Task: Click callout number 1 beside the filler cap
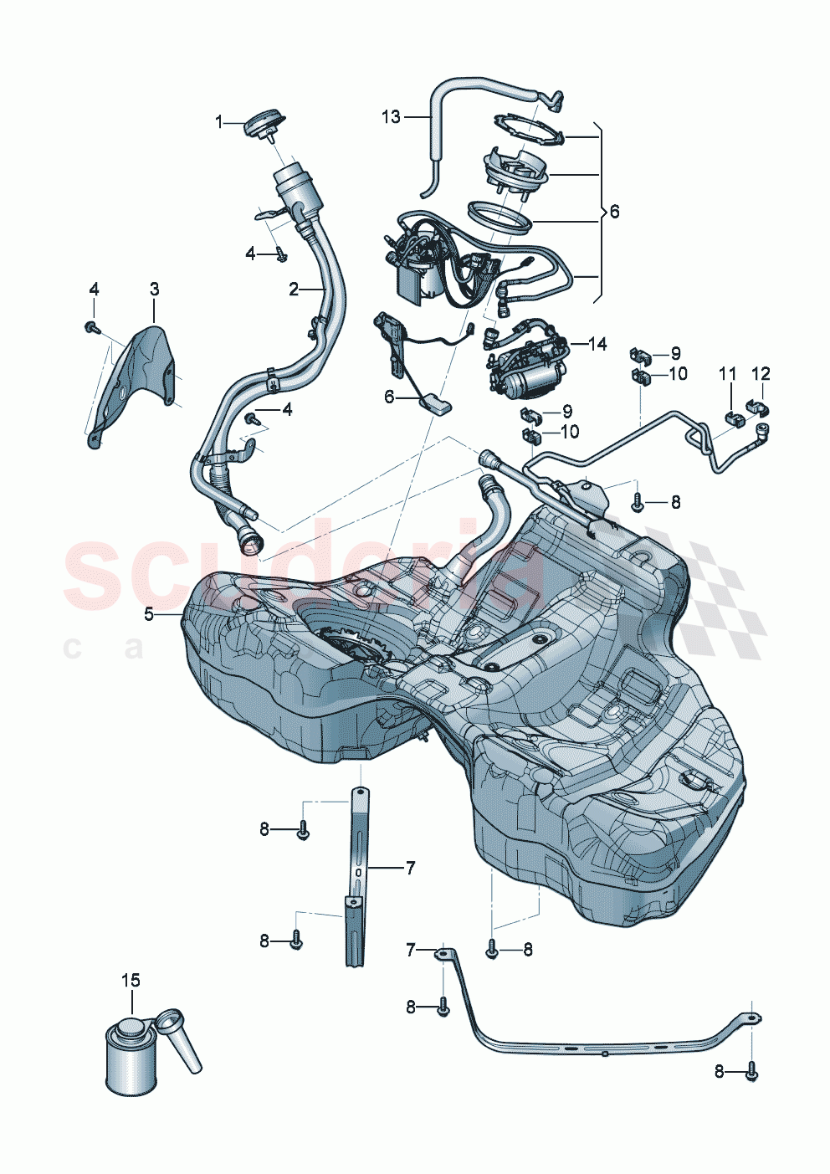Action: point(219,122)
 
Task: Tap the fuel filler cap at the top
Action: point(261,123)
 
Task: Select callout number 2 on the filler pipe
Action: point(294,290)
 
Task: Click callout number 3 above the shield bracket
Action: point(155,290)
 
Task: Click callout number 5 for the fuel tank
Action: point(149,614)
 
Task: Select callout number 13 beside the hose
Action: point(391,117)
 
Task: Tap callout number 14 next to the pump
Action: point(597,344)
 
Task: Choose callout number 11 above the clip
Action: point(728,373)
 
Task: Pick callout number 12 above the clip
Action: point(761,373)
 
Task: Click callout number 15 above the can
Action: point(131,980)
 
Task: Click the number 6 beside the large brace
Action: point(614,212)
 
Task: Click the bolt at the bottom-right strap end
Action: point(751,1070)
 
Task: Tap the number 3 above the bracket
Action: point(155,290)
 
